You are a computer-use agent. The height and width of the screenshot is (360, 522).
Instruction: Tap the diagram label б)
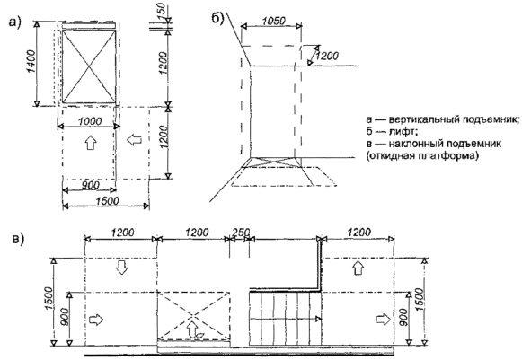tap(218, 19)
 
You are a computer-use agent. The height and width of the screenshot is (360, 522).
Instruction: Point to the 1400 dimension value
tap(31, 62)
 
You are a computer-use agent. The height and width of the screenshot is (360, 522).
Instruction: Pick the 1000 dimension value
tap(90, 121)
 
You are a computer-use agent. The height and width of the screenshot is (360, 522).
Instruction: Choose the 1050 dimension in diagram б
tap(273, 21)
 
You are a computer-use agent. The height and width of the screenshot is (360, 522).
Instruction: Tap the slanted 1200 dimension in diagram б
tap(326, 55)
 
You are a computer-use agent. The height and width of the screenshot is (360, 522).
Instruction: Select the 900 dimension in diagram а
tap(90, 185)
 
